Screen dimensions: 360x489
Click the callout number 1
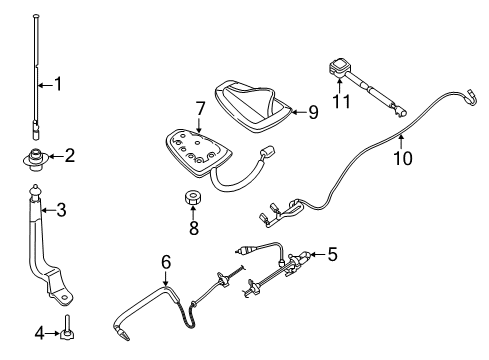(x=57, y=84)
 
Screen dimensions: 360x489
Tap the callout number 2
(x=69, y=155)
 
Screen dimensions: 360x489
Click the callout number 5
(x=332, y=254)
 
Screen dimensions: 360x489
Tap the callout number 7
(x=200, y=107)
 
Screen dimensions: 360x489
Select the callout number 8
(x=194, y=227)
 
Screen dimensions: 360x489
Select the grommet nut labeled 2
(x=38, y=156)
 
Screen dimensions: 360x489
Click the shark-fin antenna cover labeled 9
(x=258, y=100)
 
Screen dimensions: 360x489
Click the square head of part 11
(x=335, y=70)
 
